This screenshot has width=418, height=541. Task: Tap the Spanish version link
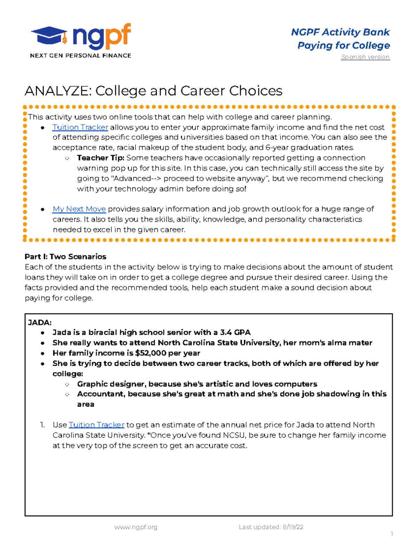[365, 57]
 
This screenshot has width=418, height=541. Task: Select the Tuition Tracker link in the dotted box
[80, 127]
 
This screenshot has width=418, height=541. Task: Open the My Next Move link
[79, 209]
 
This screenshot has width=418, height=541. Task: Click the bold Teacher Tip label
[100, 158]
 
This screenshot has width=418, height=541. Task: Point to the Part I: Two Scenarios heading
[65, 257]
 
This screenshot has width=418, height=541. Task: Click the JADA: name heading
[40, 323]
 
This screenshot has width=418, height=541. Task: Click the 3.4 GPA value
[235, 332]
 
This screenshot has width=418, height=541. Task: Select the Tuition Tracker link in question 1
[96, 425]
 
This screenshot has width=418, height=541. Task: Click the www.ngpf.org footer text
[136, 527]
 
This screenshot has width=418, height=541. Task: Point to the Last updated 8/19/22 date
[271, 527]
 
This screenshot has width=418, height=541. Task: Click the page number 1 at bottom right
[392, 534]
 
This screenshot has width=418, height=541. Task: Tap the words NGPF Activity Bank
[340, 32]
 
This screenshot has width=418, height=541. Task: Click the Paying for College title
[343, 46]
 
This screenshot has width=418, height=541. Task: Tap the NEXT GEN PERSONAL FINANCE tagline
[80, 56]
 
